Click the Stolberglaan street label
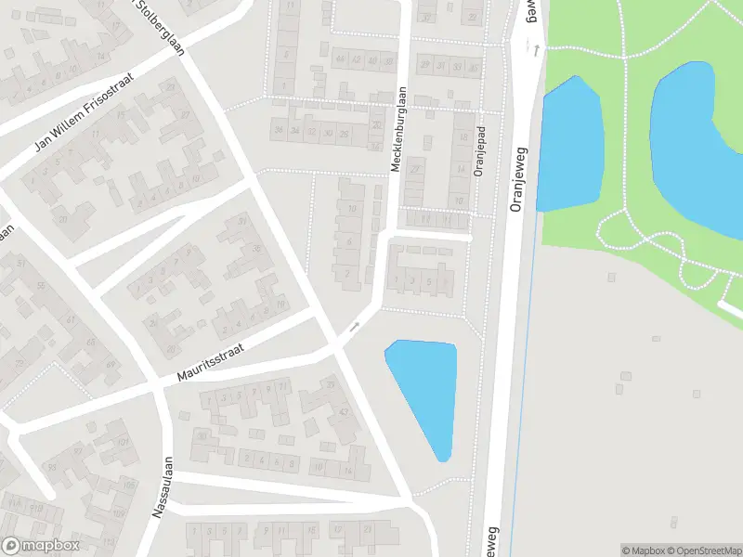pos(161,27)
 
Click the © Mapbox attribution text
pos(643,551)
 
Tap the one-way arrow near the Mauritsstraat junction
pos(353,328)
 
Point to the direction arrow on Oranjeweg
pos(536,49)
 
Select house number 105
pos(128,486)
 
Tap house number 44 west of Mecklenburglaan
pos(341,60)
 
